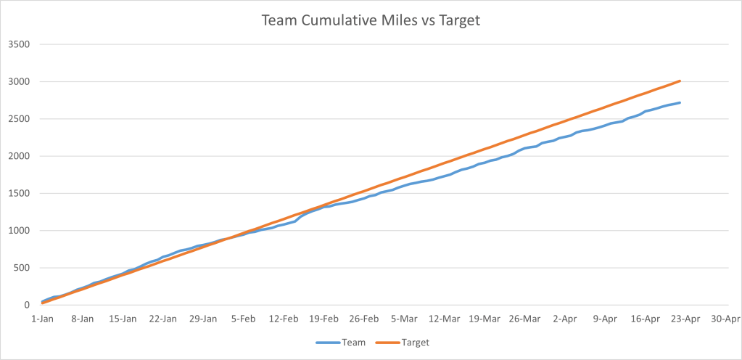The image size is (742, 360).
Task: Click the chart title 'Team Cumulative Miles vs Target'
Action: [x=371, y=21]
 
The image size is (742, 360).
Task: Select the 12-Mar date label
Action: [x=444, y=318]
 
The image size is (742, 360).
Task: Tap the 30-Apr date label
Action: [x=725, y=318]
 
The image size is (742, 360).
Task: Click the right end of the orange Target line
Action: [x=680, y=81]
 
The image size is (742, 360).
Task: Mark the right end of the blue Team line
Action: [x=680, y=102]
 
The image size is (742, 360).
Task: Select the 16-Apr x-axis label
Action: [x=645, y=318]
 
